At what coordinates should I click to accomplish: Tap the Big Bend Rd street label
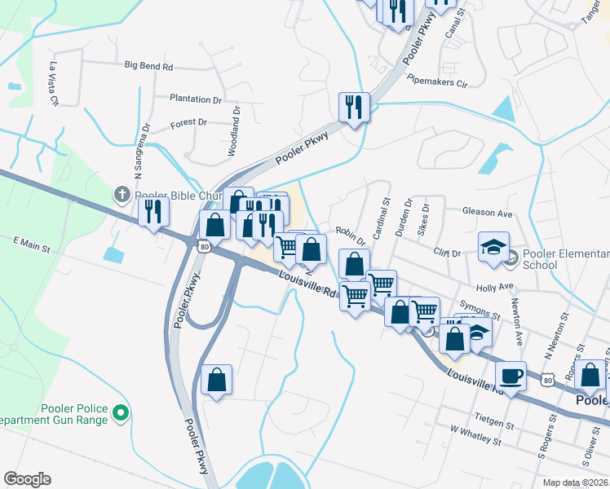point(149,65)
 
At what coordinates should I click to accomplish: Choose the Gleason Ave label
point(487,213)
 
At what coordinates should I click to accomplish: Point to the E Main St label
point(32,242)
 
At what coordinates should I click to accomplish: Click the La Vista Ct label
point(55,85)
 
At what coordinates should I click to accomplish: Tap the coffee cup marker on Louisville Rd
point(511,376)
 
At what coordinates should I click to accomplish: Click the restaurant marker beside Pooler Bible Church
point(152,211)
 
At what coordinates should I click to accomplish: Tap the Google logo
point(27,479)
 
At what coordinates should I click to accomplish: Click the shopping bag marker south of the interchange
point(216,379)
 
